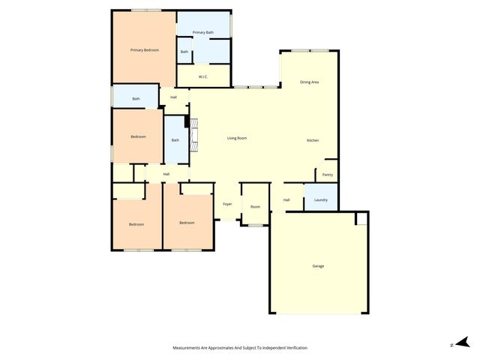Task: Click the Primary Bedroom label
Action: click(145, 50)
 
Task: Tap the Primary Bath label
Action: click(203, 33)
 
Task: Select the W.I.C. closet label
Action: click(203, 77)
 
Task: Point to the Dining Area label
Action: click(310, 82)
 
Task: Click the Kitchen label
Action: click(313, 141)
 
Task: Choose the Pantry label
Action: click(327, 175)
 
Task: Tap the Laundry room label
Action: click(321, 199)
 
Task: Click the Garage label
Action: click(319, 265)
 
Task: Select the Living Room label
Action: click(238, 138)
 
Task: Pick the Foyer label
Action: click(227, 205)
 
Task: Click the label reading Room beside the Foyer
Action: click(255, 206)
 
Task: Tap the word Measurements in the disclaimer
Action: click(187, 348)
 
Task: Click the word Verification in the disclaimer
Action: click(295, 348)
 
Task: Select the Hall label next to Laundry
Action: click(286, 199)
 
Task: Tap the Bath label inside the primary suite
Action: click(184, 52)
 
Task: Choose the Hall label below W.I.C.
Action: click(173, 97)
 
